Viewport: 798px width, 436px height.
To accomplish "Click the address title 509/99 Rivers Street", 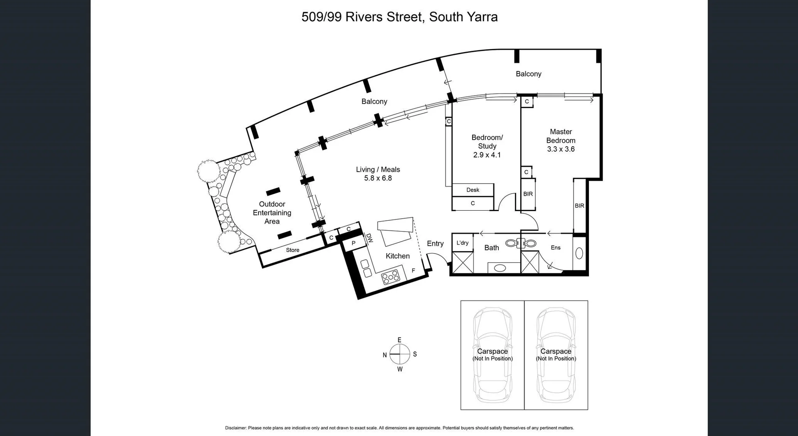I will (399, 17).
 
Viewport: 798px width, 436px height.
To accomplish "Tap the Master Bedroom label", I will (561, 136).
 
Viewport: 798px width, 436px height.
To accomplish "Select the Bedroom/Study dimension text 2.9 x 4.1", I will (487, 155).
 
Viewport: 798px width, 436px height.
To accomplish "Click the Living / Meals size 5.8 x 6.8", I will (378, 178).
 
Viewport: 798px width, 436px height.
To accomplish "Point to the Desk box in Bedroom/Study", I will (473, 190).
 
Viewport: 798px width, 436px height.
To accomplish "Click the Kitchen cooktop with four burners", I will (390, 277).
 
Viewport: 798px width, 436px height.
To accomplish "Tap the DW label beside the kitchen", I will (369, 238).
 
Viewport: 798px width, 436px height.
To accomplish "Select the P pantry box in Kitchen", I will (354, 243).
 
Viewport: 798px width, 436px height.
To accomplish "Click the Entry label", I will (435, 244).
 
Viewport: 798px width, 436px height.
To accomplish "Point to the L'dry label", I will (462, 243).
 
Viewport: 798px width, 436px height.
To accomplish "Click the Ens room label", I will (555, 248).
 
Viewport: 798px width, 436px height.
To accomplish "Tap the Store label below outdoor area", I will (292, 250).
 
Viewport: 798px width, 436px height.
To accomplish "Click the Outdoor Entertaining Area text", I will (272, 213).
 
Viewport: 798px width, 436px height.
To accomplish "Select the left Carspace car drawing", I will (493, 355).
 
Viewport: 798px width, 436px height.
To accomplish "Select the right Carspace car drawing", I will (556, 355).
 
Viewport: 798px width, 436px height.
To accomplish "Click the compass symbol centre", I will (399, 354).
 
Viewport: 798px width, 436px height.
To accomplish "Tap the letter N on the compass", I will (385, 355).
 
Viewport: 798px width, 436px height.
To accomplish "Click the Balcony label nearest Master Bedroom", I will (528, 74).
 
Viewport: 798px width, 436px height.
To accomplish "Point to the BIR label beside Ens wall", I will (579, 206).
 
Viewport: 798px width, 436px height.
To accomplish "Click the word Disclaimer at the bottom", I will (236, 428).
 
